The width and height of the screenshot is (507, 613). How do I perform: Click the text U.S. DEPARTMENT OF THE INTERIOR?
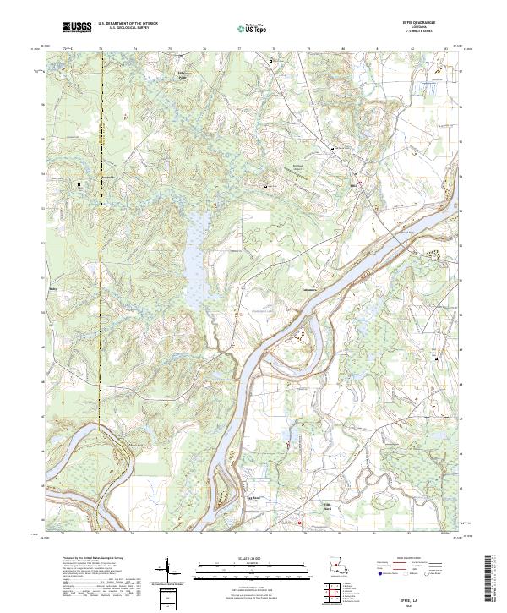pos(128,25)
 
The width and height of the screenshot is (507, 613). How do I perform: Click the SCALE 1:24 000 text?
pos(253,559)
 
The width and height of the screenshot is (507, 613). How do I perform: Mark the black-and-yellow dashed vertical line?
pos(100,254)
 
